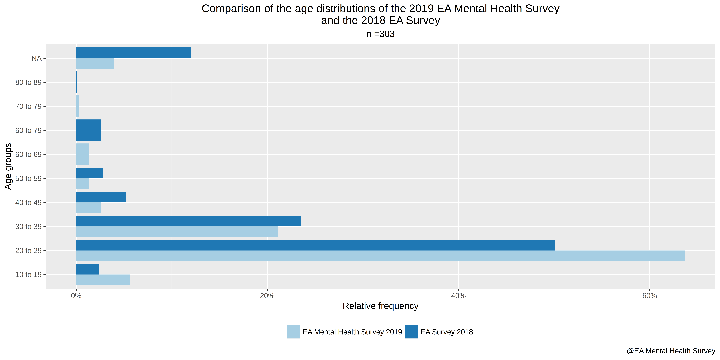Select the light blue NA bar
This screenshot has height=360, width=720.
click(95, 63)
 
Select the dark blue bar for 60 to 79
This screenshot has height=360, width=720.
click(89, 130)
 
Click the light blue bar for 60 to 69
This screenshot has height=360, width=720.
click(82, 154)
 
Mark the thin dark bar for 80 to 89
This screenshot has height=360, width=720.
click(77, 82)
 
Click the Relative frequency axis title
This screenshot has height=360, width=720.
click(380, 306)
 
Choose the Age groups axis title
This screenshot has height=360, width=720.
click(8, 166)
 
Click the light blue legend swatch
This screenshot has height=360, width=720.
click(293, 332)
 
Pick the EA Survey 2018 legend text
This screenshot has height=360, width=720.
click(447, 332)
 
